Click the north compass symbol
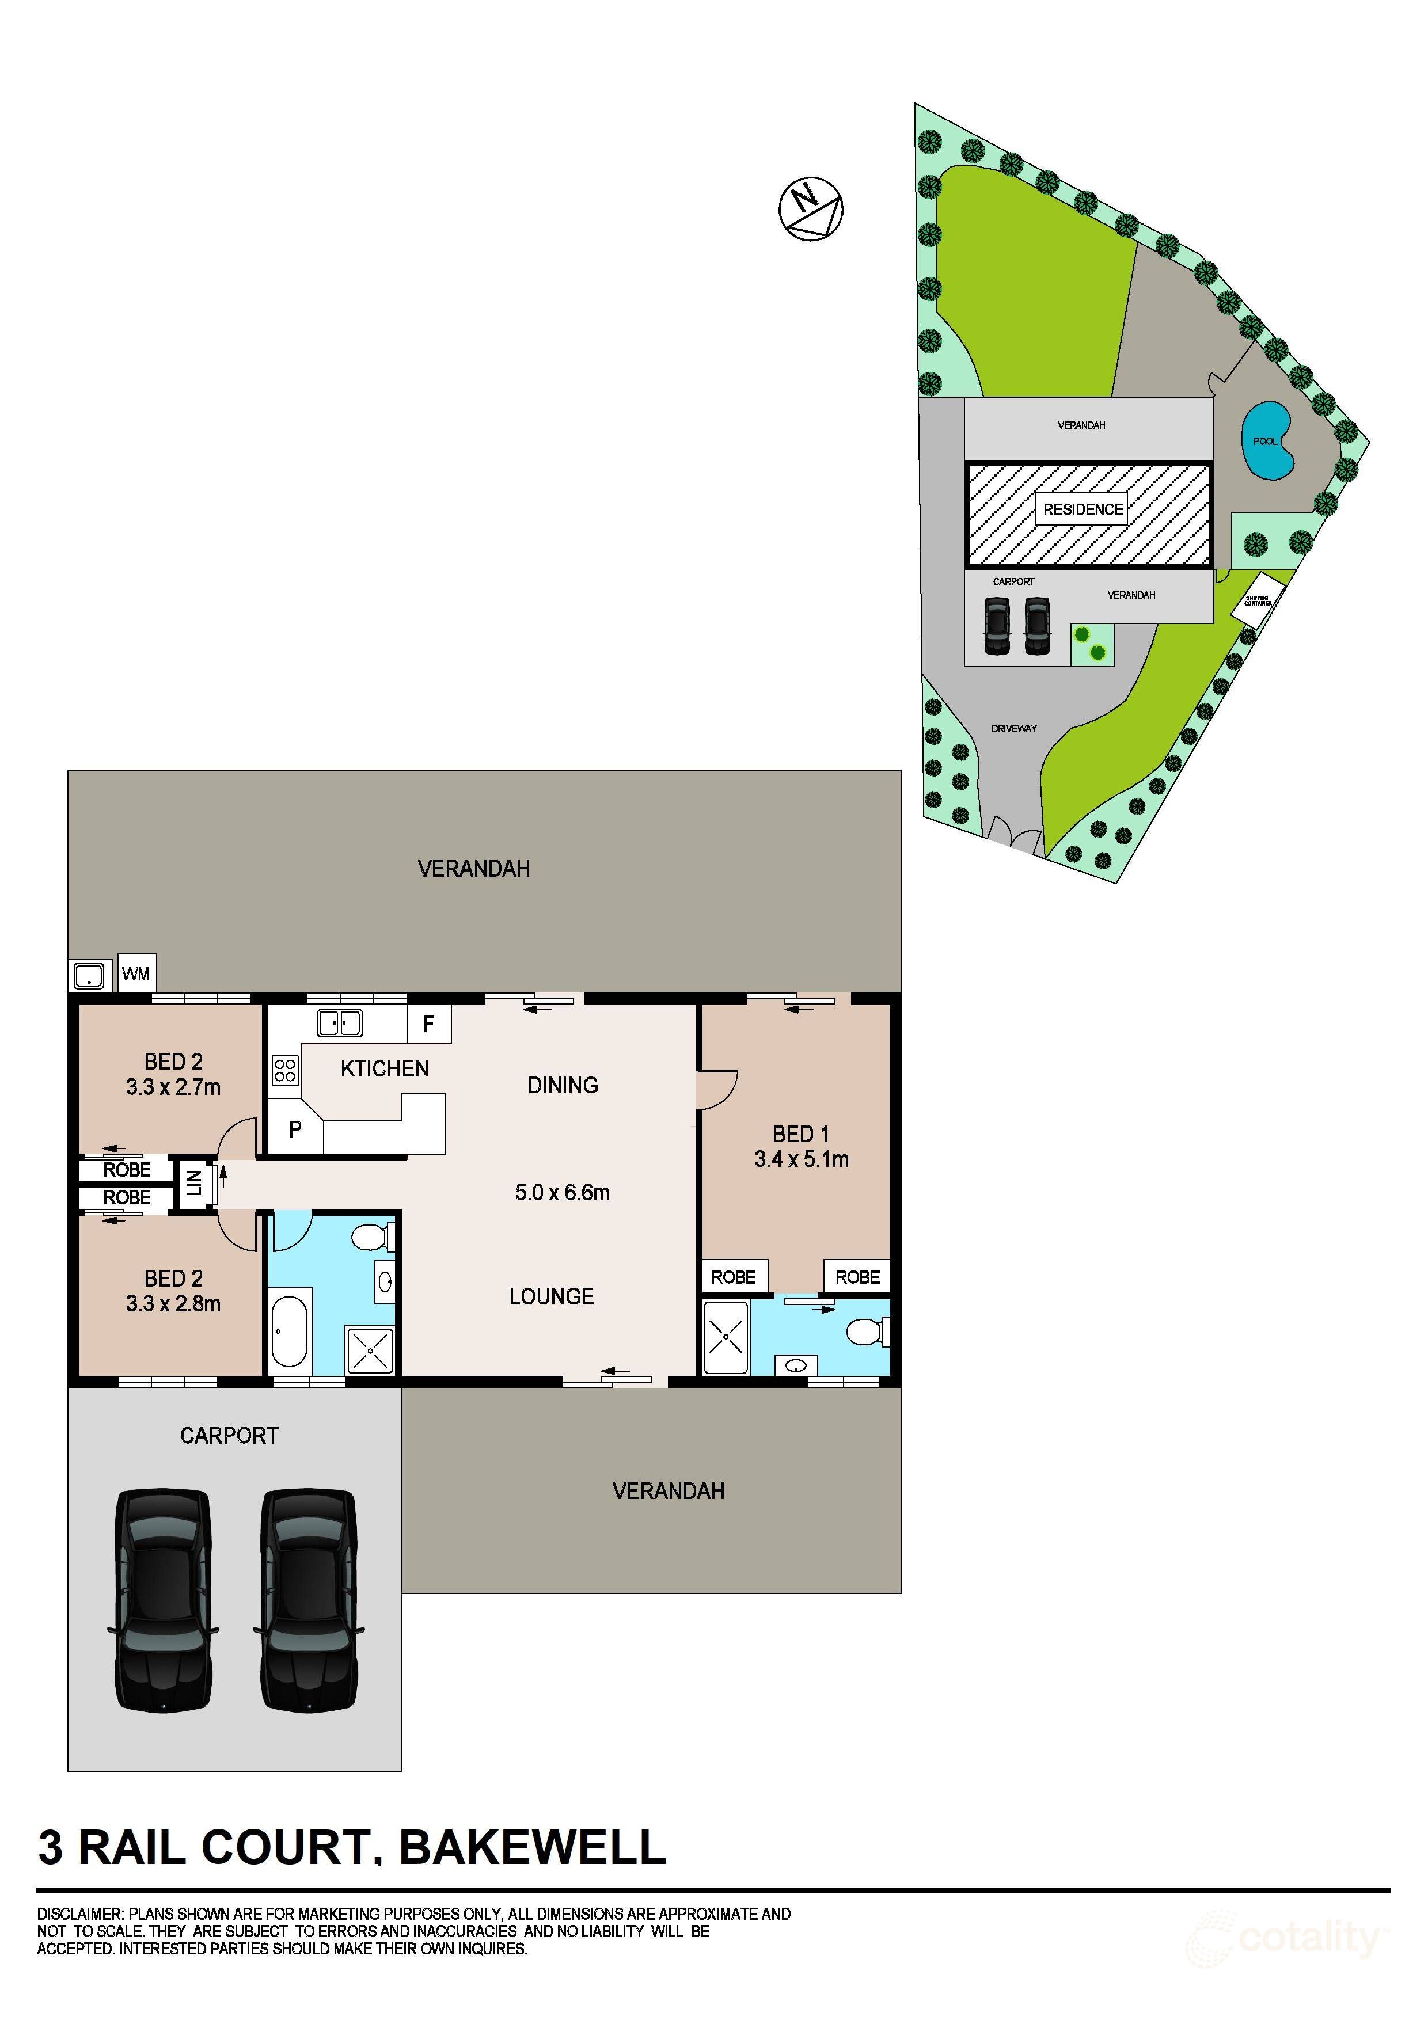810,210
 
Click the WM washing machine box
135,974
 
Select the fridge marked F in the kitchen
428,1024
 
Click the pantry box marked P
295,1129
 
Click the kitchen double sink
340,1023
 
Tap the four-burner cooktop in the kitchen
284,1070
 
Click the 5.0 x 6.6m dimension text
562,1193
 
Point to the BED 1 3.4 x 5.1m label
801,1146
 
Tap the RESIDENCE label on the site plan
1082,509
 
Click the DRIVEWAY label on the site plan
1013,728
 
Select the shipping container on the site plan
1258,600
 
